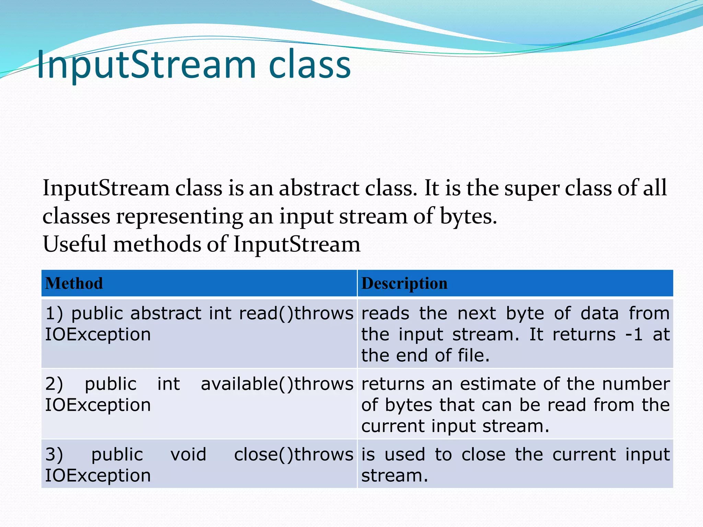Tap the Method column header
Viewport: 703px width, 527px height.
74,283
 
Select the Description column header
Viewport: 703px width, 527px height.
404,283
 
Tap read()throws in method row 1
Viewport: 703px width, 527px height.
296,313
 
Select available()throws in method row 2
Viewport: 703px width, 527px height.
277,384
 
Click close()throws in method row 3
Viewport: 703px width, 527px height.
293,454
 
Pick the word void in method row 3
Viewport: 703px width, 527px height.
188,454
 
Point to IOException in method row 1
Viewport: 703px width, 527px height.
98,335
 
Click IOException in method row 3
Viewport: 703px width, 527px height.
98,476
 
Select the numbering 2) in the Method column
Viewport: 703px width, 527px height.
54,384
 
